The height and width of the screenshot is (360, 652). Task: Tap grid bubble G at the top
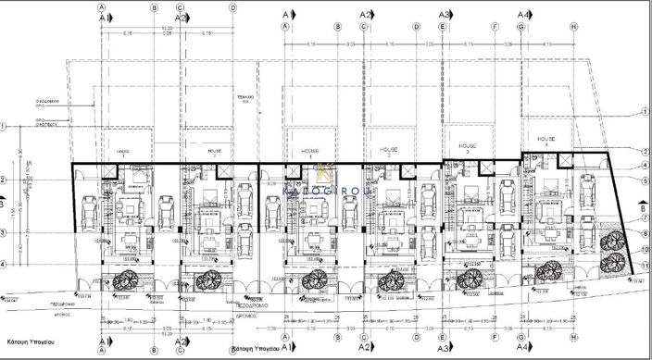coord(522,28)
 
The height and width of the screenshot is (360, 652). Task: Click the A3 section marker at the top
coord(445,15)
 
